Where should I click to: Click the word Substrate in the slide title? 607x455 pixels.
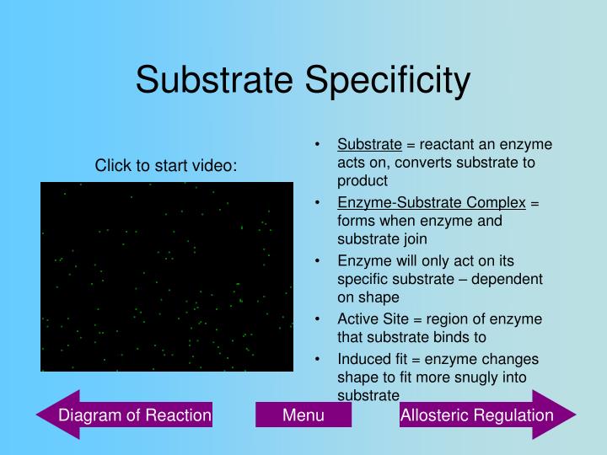(x=215, y=81)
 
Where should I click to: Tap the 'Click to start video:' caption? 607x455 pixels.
(x=166, y=166)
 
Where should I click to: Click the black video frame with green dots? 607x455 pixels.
(x=167, y=276)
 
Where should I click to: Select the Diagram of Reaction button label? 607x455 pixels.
(x=134, y=415)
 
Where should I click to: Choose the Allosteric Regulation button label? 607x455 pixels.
(x=476, y=415)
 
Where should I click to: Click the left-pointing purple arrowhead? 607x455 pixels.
(x=52, y=415)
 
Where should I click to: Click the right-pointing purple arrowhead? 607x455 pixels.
(x=560, y=415)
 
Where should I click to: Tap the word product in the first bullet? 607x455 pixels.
(x=363, y=180)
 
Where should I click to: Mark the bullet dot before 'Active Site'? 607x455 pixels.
(x=316, y=318)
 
